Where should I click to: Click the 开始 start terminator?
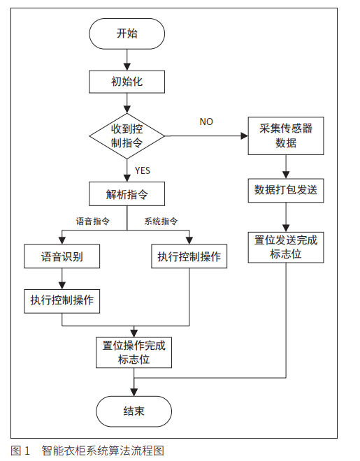[x=127, y=34]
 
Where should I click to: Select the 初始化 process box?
[x=127, y=82]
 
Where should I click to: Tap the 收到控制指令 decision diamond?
[x=127, y=136]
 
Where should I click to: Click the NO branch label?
[x=206, y=122]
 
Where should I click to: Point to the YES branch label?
[x=142, y=170]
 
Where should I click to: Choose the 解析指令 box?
[x=127, y=192]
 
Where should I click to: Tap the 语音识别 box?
[x=62, y=256]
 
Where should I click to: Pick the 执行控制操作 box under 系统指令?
[x=189, y=256]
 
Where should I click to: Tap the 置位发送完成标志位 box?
[x=286, y=247]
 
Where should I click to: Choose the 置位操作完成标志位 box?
[x=134, y=353]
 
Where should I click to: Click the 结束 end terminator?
[x=134, y=411]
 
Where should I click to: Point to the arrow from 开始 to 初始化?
[x=127, y=60]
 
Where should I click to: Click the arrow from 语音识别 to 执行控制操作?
[x=62, y=278]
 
